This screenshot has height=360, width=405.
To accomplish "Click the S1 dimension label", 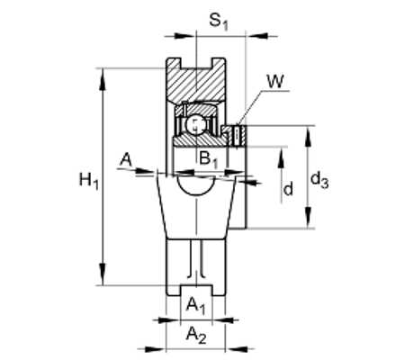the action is coord(219,22).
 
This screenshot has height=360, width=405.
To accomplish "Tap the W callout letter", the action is coord(275,81).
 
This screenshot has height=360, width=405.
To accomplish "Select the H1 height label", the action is coord(89,181).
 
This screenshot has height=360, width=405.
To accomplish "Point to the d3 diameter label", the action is coord(319,181).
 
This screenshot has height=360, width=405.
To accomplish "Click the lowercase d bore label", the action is coord(288,189).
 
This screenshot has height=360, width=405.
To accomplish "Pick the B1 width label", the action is coord(208,159).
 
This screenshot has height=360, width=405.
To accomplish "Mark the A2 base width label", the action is coord(196,335).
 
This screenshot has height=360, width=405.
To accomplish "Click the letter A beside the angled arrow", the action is coord(126,159).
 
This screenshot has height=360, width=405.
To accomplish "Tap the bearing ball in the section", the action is coord(195,125).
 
